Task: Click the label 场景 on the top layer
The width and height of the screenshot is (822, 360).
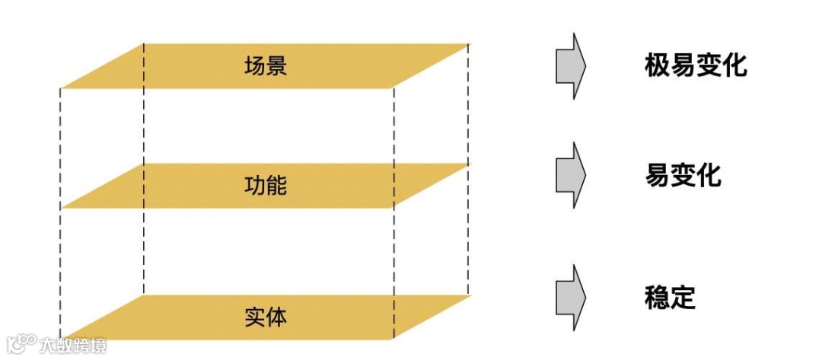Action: (266, 65)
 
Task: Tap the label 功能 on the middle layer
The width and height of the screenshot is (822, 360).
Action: (266, 185)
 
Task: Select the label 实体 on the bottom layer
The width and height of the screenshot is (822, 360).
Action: (266, 316)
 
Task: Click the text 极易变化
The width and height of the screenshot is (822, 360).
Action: (695, 66)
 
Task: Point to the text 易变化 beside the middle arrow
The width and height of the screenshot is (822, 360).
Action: (683, 177)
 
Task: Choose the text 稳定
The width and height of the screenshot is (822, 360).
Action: (670, 296)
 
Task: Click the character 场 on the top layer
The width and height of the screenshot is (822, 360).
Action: (255, 65)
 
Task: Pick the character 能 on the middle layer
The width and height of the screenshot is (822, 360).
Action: (276, 185)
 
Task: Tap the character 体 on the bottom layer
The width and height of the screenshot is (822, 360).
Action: (276, 316)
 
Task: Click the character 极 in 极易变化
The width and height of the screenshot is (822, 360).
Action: (657, 66)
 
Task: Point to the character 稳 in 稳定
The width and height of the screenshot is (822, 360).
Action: (657, 296)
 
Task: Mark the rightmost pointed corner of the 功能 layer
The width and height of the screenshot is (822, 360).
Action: (467, 164)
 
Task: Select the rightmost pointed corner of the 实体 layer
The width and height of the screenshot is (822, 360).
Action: (467, 296)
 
